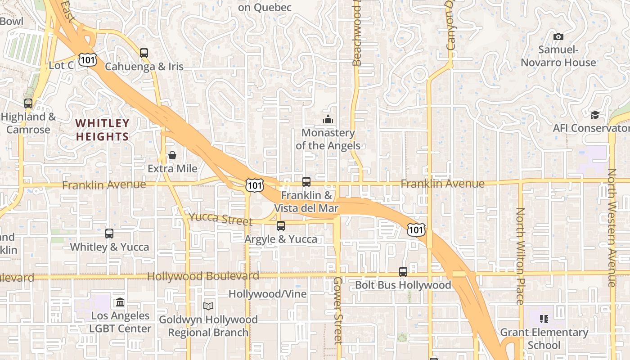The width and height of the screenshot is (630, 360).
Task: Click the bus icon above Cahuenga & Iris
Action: point(144,53)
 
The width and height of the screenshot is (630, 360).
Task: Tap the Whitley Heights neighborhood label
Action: point(102,130)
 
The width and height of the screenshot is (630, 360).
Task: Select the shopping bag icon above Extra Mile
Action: point(172,156)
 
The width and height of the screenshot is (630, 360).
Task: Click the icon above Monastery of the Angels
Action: point(328,119)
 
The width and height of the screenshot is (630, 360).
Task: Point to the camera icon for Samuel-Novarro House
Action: point(558,37)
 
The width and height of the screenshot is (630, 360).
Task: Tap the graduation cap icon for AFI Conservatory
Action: point(595,115)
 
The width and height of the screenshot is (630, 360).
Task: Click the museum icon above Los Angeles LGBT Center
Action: point(120,302)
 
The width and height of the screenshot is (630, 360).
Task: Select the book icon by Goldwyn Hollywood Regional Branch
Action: point(208,306)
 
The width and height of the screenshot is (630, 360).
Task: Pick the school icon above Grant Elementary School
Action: point(544,319)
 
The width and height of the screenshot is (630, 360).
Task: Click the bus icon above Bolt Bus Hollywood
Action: point(403,272)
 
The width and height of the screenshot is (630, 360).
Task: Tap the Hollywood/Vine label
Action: point(267,294)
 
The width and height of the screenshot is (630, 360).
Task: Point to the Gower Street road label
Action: point(338,310)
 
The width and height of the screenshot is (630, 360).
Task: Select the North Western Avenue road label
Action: point(612,227)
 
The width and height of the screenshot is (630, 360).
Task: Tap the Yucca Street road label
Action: point(220,219)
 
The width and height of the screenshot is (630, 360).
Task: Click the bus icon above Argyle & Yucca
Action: point(281,226)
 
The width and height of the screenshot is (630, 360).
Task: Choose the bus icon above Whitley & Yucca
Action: point(109,234)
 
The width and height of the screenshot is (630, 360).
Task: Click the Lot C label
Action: point(61,66)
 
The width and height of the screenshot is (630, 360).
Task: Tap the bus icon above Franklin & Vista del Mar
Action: point(306,182)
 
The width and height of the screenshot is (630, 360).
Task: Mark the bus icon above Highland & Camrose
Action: point(28,103)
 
